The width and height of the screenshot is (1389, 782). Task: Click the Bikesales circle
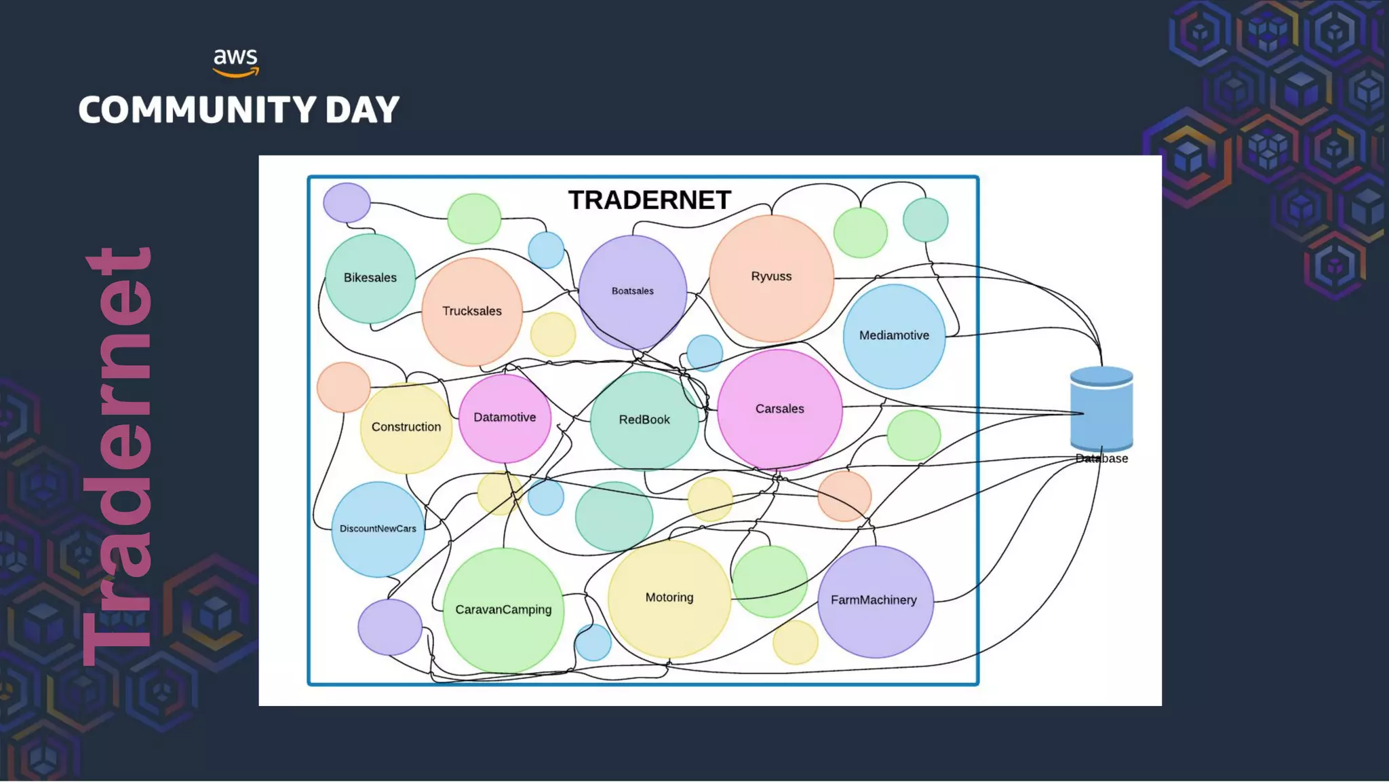[x=370, y=278]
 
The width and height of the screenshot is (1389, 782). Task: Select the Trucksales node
[x=472, y=311]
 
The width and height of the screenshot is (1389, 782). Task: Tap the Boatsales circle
[x=632, y=291]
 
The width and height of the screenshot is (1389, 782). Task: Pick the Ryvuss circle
[x=771, y=277]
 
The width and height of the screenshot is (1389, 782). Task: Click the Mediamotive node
[x=894, y=335]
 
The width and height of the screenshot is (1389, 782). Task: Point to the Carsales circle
[x=779, y=409]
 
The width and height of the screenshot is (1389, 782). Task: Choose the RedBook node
[x=644, y=420]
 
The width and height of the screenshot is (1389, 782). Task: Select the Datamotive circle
[x=505, y=417]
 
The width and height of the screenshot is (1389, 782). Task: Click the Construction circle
[x=406, y=427]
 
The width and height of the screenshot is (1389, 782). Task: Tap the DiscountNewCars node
[x=378, y=529]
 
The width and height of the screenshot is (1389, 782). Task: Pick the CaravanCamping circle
[x=503, y=610]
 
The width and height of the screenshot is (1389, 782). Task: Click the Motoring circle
[x=669, y=597]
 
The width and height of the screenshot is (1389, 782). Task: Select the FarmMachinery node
[x=874, y=600]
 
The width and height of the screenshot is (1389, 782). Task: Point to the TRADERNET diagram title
[x=650, y=200]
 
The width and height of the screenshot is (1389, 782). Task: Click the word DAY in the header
[x=362, y=110]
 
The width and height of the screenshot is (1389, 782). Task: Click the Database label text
[x=1102, y=459]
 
